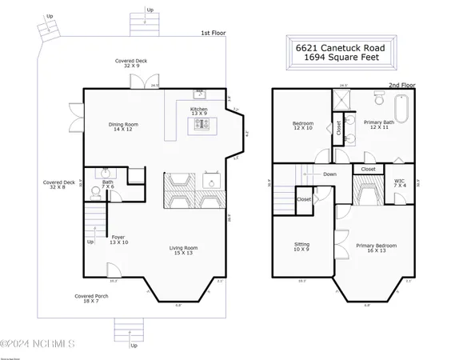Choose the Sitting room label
click(302, 247)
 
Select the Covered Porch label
click(91, 298)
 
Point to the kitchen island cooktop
click(198, 124)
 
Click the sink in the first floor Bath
click(104, 173)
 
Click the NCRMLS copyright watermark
click(38, 344)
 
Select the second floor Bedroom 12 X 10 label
click(301, 126)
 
